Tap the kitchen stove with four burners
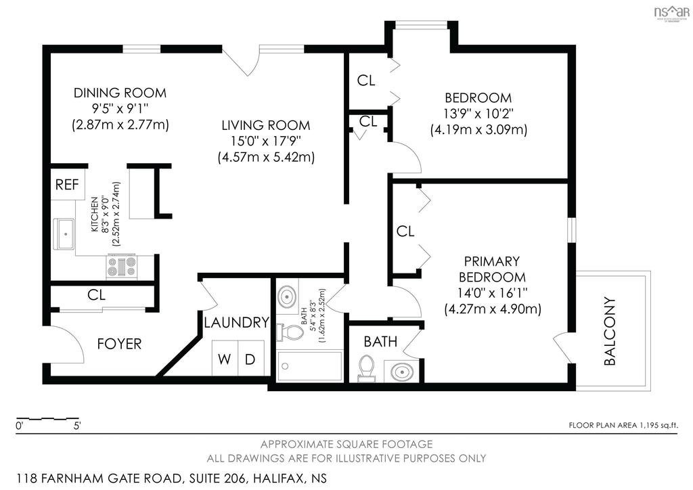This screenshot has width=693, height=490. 121,266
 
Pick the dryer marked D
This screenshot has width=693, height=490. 250,359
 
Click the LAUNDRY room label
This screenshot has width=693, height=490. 236,323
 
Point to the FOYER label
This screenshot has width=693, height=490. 119,344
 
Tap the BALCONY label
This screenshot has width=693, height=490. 610,331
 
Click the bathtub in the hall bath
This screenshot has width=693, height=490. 310,367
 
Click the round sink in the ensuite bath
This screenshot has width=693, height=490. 401,372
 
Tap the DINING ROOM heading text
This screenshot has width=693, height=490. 120,93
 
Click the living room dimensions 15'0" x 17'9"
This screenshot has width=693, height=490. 265,141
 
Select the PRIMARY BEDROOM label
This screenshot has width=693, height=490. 492,269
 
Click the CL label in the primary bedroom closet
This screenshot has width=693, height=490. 405,231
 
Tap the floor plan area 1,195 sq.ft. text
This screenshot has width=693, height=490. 623,426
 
